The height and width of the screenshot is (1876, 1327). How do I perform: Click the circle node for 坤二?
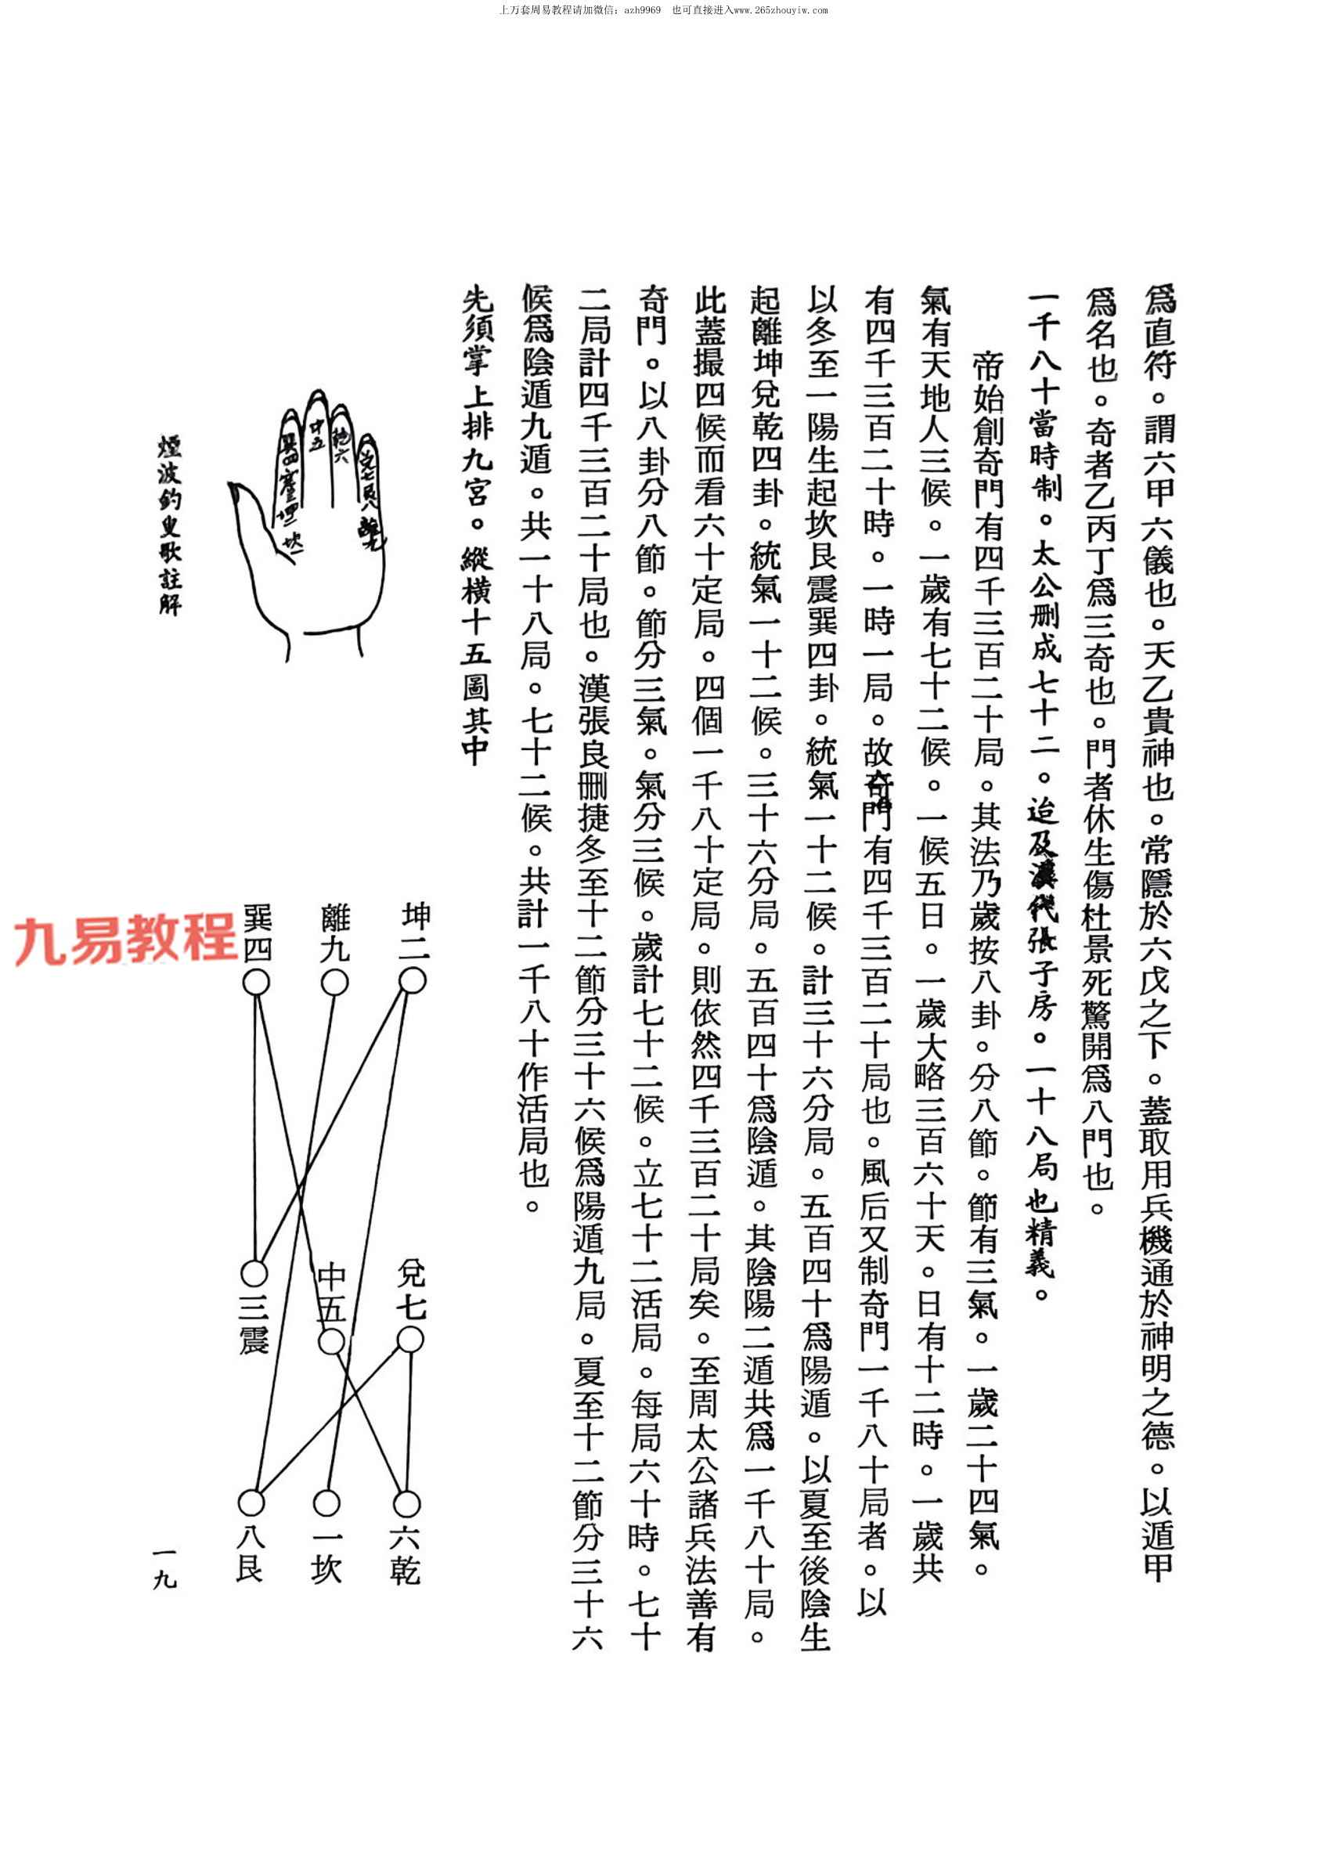[x=412, y=980]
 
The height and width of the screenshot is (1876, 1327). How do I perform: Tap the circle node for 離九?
[x=334, y=982]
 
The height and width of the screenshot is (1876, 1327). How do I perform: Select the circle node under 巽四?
[x=256, y=982]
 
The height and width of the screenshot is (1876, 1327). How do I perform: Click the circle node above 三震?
[x=254, y=1273]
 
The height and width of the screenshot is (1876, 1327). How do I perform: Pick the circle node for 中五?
[x=330, y=1342]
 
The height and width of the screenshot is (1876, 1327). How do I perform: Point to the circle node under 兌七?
[x=409, y=1340]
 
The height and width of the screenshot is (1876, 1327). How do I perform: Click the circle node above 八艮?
[x=251, y=1502]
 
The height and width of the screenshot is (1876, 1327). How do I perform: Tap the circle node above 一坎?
[x=326, y=1503]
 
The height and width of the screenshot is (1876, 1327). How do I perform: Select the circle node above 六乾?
[x=406, y=1503]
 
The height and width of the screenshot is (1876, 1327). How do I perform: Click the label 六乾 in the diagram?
[x=406, y=1557]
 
